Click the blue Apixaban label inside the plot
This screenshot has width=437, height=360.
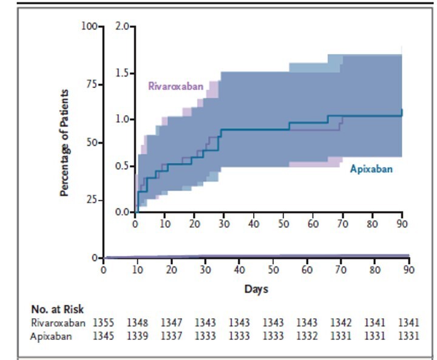(371, 169)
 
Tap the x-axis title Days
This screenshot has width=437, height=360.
(256, 290)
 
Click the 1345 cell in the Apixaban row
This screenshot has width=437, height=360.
(103, 335)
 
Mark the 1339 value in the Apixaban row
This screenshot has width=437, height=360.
(137, 335)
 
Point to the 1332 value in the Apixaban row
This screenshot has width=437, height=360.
(307, 335)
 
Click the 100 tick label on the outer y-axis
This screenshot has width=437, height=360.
(88, 27)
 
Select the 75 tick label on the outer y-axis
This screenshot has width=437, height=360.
(90, 84)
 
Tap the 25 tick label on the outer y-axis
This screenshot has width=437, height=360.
(90, 200)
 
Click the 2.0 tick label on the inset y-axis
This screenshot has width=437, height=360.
(122, 27)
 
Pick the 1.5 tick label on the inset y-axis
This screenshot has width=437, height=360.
(122, 73)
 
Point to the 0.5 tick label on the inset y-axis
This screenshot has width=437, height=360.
(122, 166)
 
